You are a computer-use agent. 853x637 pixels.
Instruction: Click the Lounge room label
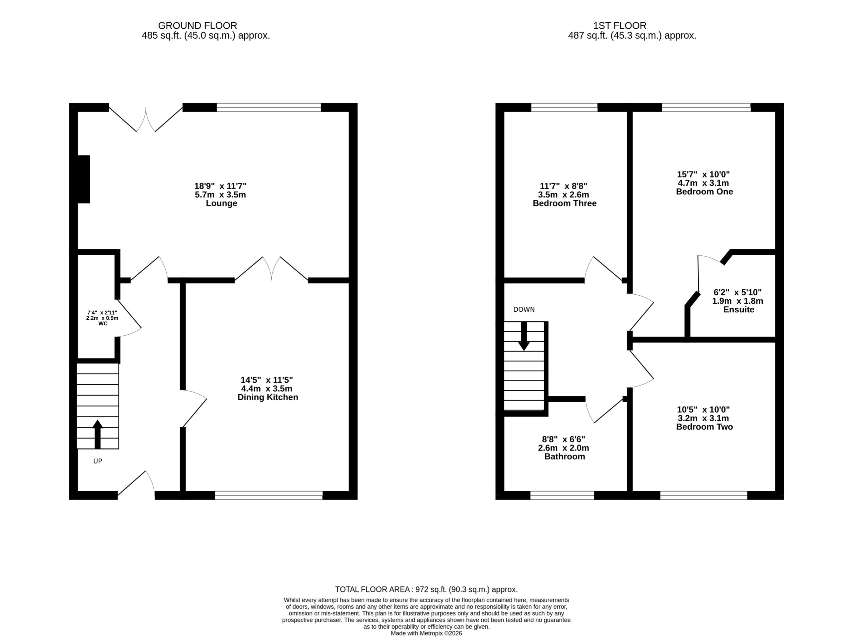[x=221, y=203]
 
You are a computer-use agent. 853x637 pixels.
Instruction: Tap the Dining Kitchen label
[x=268, y=397]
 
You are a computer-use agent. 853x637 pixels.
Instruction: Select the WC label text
[x=103, y=324]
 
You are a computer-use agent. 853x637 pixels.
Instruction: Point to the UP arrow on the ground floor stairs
[x=98, y=434]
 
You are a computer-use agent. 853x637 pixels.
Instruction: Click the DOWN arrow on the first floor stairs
[x=524, y=336]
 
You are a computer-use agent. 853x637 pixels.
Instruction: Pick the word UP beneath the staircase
[x=98, y=461]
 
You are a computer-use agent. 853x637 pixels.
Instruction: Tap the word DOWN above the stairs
[x=524, y=309]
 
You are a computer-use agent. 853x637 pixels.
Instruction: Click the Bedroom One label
[x=704, y=191]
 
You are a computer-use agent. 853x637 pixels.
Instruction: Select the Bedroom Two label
[x=704, y=427]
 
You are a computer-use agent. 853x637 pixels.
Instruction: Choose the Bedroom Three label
[x=564, y=203]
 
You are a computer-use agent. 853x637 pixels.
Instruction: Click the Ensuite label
[x=738, y=309]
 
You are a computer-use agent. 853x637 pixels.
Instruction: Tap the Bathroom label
[x=564, y=456]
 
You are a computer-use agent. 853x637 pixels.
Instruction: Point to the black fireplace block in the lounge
[x=84, y=179]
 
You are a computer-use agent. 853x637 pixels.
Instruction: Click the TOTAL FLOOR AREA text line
[x=426, y=589]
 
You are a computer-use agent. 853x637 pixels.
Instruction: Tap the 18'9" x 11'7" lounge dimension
[x=220, y=186]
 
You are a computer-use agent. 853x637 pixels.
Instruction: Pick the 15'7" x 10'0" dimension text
[x=703, y=174]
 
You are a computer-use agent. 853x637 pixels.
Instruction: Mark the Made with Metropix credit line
[x=426, y=633]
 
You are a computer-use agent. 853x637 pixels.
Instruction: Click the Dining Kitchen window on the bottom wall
[x=269, y=495]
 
